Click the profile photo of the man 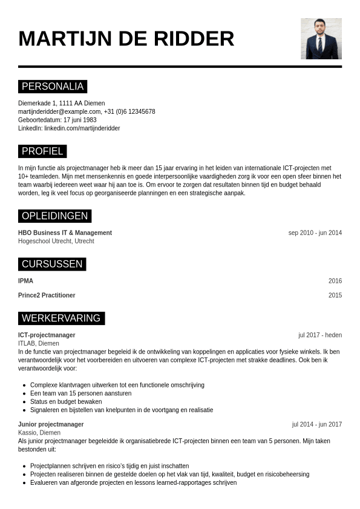pos(321,38)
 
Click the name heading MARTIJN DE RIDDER pos(126,39)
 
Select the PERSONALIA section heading pos(53,87)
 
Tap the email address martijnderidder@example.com pos(59,111)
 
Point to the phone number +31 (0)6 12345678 pos(129,111)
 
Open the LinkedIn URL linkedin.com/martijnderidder pos(82,128)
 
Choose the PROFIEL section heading pos(42,151)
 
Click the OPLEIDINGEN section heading pos(55,216)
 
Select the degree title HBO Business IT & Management pos(65,233)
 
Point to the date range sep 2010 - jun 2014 pos(315,233)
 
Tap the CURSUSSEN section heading pos(52,264)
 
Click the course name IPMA pos(25,281)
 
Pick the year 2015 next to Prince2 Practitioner pos(335,295)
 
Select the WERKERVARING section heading pos(61,318)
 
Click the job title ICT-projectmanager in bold pos(47,335)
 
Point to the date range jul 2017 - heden pos(319,335)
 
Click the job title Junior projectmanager pos(51,424)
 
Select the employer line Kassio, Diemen pos(39,433)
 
